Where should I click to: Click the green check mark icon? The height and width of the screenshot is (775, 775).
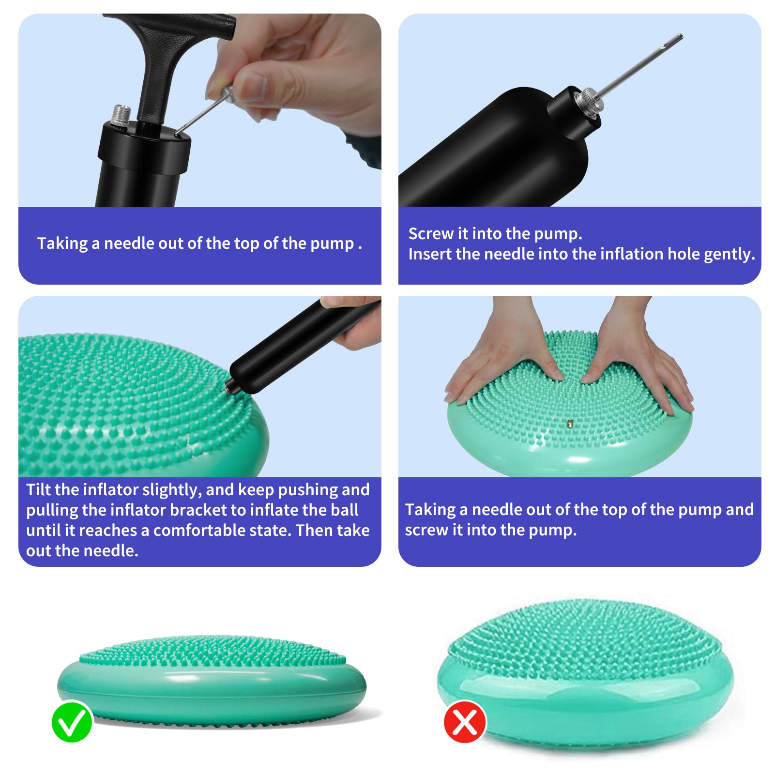72,721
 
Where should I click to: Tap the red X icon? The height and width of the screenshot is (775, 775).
465,721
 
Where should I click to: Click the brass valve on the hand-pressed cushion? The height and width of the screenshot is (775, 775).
570,425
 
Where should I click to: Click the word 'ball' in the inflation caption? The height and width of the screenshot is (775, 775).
345,510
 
